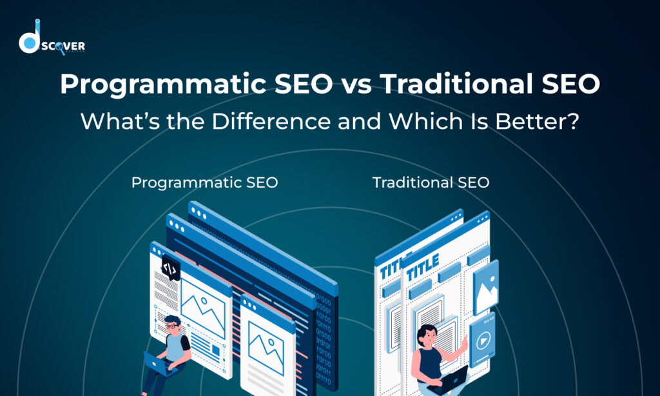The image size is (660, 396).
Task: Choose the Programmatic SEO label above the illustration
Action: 204,183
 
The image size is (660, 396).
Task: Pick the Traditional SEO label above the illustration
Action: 431,183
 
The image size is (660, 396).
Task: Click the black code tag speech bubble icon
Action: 171,268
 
